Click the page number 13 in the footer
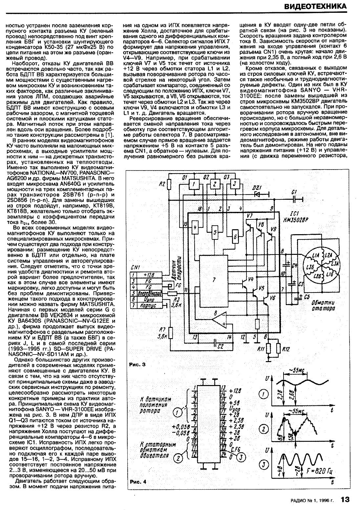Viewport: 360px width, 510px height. tap(345, 500)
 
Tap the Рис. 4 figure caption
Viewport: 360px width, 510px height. tap(137, 482)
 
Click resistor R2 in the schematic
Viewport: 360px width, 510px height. tap(169, 185)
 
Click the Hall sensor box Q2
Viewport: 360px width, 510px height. tap(215, 184)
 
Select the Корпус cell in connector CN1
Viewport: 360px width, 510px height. tap(146, 306)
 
